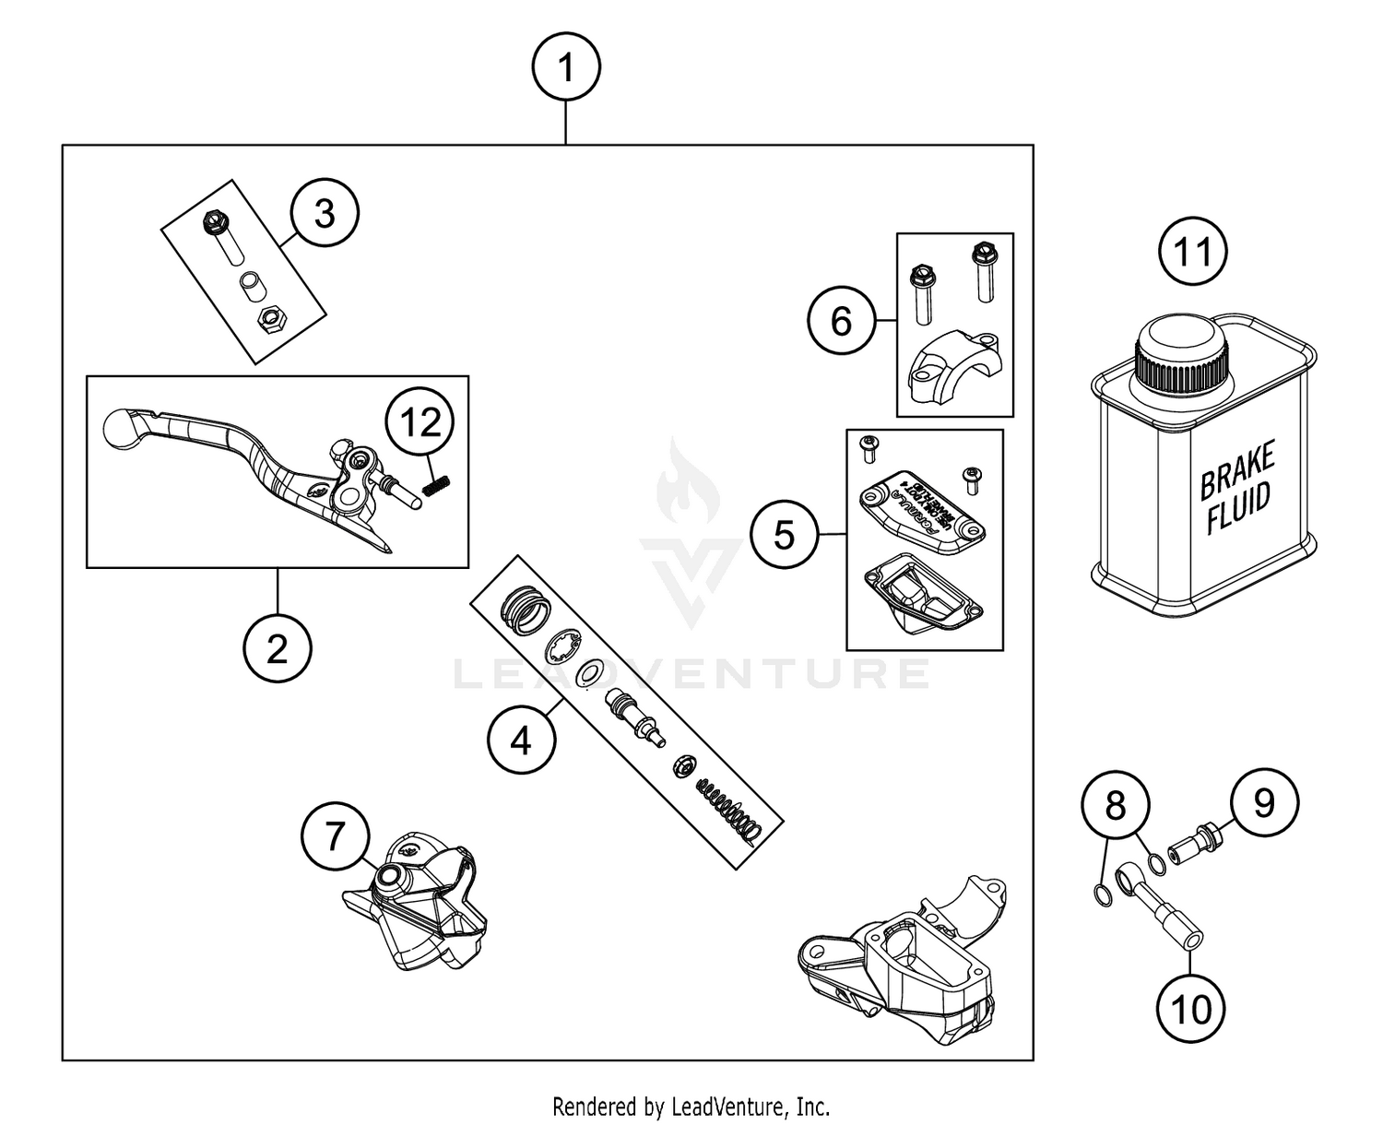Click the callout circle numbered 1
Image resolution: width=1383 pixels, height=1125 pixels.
(566, 68)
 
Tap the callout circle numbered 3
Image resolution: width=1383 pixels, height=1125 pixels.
(325, 214)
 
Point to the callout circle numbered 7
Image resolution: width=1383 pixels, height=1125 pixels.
(336, 837)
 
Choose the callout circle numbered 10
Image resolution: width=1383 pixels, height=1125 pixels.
(1190, 1009)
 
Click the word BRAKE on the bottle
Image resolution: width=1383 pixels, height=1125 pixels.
(1237, 468)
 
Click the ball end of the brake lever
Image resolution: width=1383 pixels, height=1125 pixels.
(119, 426)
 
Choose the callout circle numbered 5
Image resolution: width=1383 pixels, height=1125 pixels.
(784, 534)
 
